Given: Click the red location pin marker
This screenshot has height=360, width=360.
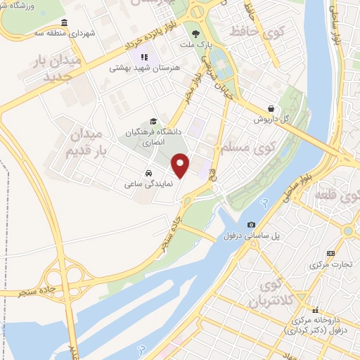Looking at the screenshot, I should (181, 165).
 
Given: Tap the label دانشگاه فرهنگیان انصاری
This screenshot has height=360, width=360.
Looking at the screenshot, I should (153, 136).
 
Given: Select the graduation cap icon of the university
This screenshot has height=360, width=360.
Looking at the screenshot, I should (153, 121).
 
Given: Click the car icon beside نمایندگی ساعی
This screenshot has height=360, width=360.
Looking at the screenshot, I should (149, 172).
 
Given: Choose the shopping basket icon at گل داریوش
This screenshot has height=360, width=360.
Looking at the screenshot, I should (271, 109).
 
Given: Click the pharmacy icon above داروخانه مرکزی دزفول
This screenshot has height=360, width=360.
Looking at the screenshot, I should (316, 309).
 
